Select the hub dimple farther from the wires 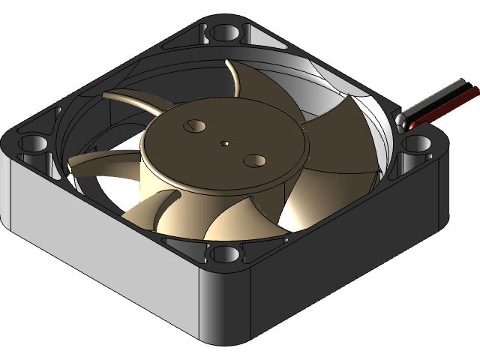(x=196, y=124)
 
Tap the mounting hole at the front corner (x=224, y=255)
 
